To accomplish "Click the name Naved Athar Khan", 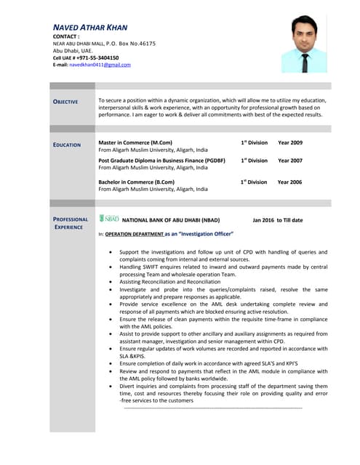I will click(90, 28).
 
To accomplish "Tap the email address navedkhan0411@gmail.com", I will click(100, 65).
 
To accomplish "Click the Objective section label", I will click(65, 102).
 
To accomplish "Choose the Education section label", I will click(67, 145).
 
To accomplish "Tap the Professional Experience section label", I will click(71, 223).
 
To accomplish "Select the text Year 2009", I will click(290, 143).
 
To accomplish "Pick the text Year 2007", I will click(290, 161).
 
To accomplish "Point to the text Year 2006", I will click(290, 182).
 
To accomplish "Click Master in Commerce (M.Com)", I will click(135, 143).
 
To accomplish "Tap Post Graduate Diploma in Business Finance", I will click(161, 161).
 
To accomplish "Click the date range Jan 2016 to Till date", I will click(278, 219).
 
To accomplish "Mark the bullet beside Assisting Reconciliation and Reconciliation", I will click(110, 280).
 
